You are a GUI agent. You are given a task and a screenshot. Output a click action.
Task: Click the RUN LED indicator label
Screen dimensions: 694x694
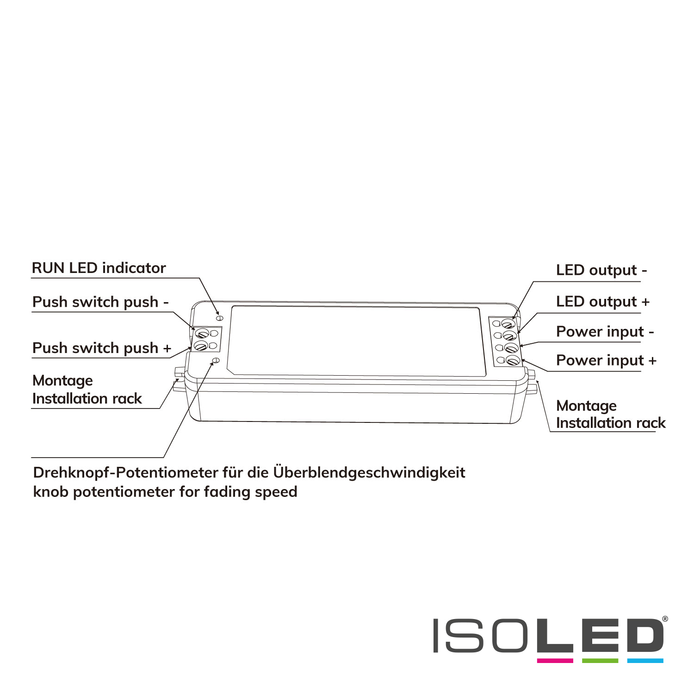99,268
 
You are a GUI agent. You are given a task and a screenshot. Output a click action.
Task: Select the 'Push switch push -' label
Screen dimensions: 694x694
100,302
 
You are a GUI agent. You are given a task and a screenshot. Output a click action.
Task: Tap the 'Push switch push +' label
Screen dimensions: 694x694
102,348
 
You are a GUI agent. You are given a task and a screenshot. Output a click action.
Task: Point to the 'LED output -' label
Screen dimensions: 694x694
601,270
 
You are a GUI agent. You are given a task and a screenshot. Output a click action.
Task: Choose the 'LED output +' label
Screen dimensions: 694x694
603,302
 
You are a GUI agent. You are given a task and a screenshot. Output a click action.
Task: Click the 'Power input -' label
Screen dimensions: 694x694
605,332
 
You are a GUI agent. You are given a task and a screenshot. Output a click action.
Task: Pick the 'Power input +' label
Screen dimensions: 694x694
606,360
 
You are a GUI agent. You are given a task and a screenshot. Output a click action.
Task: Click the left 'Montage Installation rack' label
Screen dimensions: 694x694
87,390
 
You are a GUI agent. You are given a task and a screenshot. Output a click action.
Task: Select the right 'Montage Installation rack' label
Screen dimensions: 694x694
611,414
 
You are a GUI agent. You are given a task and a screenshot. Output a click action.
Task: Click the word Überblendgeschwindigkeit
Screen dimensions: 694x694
369,473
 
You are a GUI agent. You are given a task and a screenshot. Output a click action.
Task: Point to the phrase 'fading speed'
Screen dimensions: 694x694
250,492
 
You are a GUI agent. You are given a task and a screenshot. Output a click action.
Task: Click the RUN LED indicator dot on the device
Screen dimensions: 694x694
220,318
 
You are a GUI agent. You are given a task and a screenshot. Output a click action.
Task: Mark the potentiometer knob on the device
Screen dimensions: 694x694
215,360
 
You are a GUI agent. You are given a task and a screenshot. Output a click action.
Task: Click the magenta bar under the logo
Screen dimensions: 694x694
555,661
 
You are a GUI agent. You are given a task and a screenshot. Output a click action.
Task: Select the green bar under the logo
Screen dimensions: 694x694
600,661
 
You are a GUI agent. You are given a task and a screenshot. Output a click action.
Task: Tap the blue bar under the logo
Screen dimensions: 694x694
645,661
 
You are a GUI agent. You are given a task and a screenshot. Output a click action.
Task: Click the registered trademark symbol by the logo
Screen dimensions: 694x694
665,619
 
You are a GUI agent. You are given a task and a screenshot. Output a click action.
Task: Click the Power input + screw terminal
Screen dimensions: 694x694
512,360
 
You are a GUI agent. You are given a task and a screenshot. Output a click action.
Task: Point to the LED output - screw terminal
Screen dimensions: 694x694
508,323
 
